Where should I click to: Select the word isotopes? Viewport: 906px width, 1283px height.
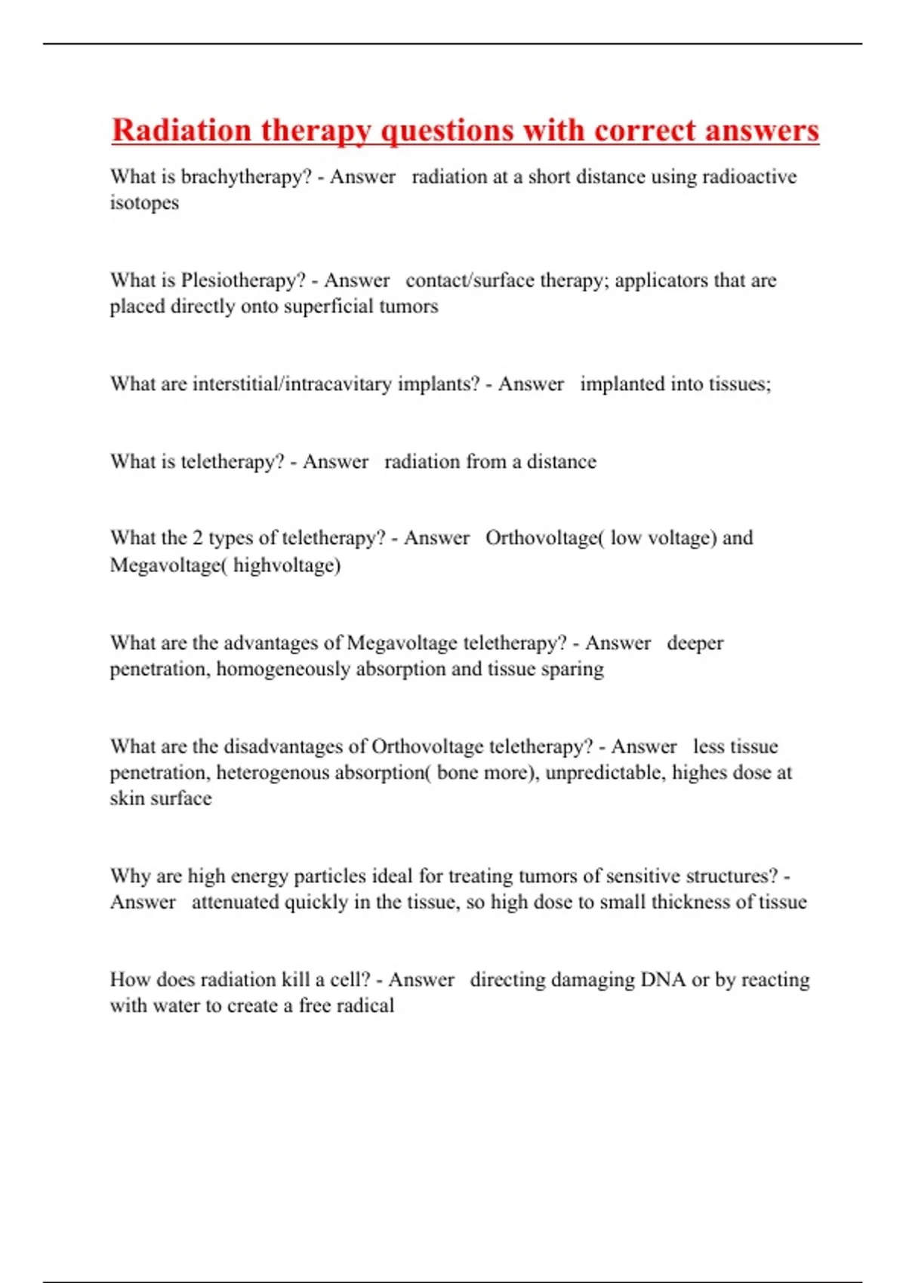(x=144, y=203)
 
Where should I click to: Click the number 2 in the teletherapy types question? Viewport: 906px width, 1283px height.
(x=197, y=538)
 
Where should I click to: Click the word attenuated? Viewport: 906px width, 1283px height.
(x=236, y=902)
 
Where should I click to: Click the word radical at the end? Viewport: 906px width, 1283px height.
(x=365, y=1006)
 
